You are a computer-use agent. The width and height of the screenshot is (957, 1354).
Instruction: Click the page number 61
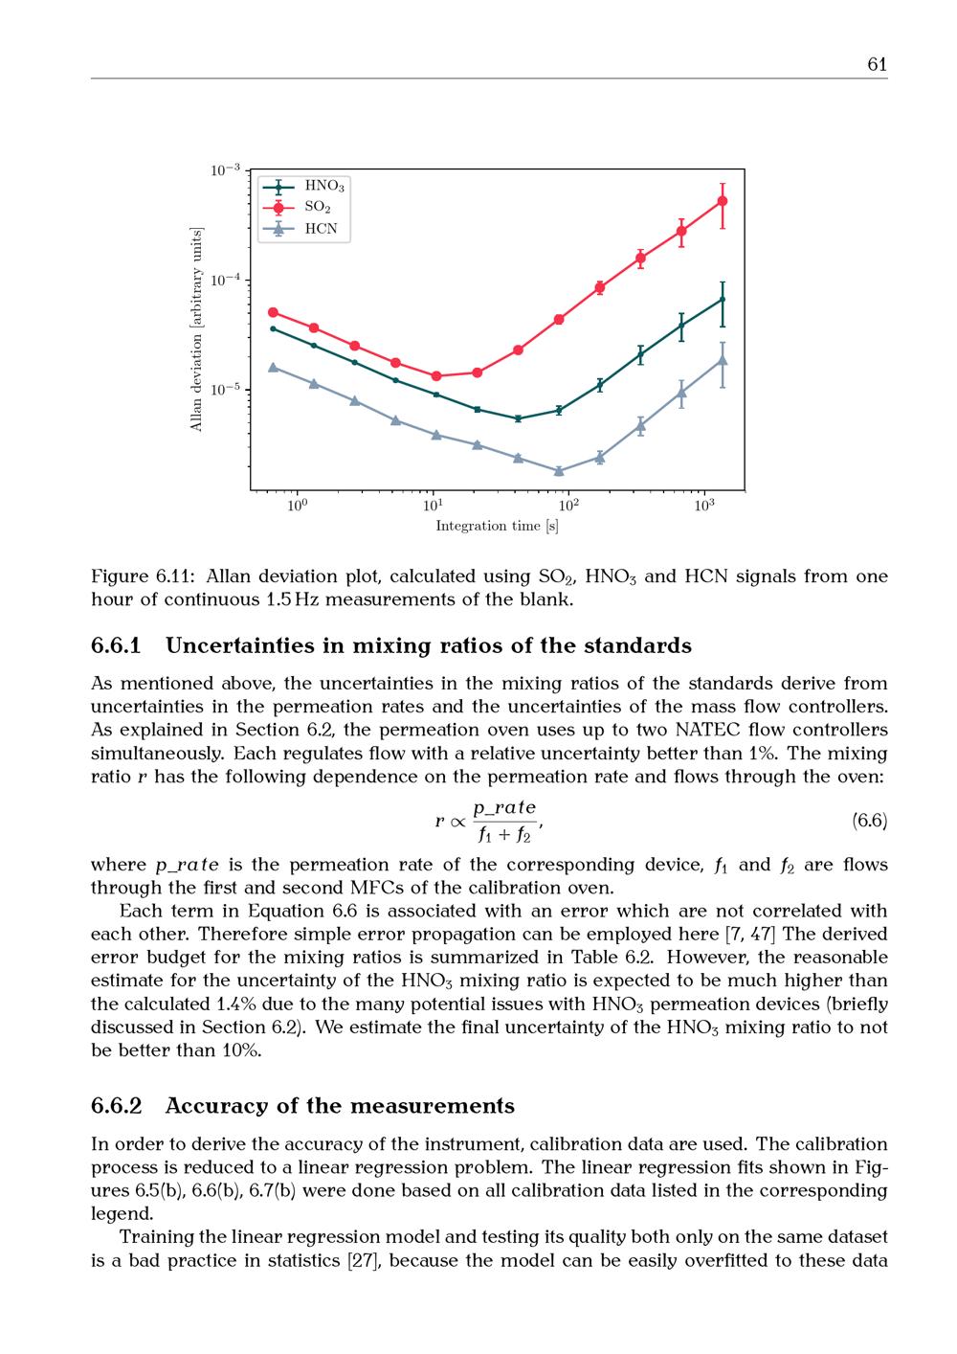point(877,64)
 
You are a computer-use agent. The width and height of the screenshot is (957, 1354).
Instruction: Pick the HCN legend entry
point(321,229)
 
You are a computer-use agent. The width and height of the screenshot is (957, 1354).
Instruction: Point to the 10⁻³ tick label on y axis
point(225,170)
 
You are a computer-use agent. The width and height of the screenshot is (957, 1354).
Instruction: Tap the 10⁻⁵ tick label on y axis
point(225,390)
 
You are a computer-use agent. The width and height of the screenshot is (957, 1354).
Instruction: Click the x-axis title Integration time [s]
point(497,526)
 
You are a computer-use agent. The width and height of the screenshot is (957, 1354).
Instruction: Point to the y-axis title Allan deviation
point(197,329)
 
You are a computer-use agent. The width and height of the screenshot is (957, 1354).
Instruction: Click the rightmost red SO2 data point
point(723,201)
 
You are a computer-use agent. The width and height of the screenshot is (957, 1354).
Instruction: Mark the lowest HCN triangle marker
point(559,471)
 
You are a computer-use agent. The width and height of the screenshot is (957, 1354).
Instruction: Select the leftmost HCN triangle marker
point(273,367)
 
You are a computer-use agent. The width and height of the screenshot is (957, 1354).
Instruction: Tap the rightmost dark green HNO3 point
point(723,299)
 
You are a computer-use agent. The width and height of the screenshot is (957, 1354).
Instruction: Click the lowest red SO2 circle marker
point(436,376)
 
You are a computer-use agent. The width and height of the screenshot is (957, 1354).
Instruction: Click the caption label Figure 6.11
point(143,576)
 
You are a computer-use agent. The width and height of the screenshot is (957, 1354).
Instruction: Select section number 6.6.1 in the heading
point(116,645)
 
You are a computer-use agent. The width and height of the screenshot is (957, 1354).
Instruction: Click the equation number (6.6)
point(869,821)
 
